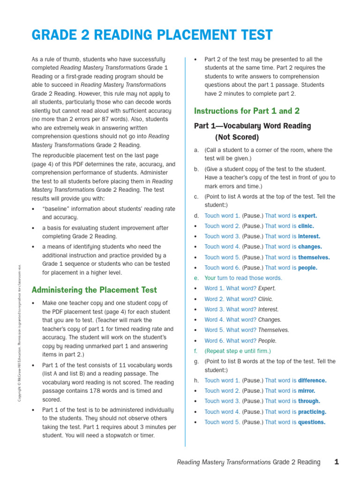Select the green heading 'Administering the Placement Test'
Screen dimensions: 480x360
tap(94, 290)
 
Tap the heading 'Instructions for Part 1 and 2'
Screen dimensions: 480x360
tap(247, 111)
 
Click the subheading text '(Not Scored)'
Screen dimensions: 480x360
tap(237, 137)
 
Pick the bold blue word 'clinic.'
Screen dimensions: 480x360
tap(306, 226)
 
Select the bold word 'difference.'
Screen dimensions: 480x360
tap(312, 381)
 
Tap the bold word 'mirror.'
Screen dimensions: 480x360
tap(307, 391)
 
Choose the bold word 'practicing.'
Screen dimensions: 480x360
tap(312, 412)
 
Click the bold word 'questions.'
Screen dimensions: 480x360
tap(312, 422)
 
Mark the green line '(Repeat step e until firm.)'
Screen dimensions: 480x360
tap(238, 351)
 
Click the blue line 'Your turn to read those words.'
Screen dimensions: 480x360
tap(243, 278)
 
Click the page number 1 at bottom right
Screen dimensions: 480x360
tap(336, 462)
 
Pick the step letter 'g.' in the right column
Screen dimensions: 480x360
tap(196, 361)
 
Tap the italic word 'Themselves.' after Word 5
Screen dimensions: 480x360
tap(274, 330)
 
